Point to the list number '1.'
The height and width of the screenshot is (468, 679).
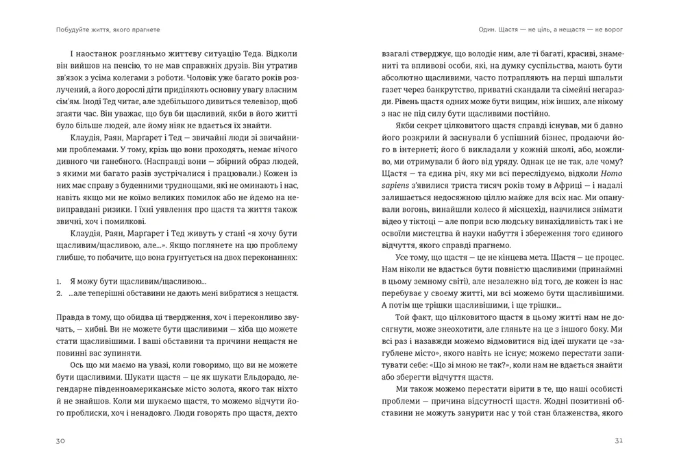coord(59,281)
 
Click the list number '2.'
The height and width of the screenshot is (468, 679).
coord(59,293)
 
